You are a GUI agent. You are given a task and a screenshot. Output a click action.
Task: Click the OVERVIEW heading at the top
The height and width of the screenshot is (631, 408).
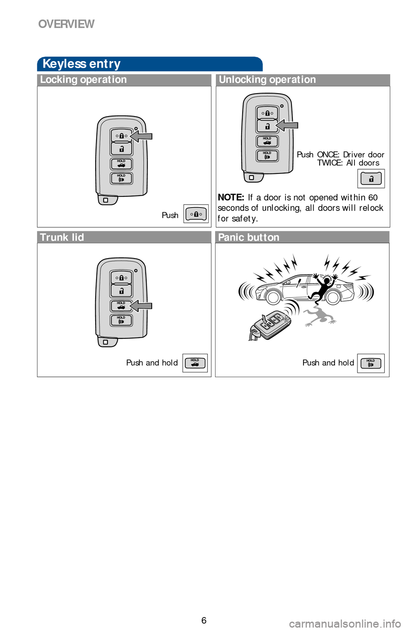(66, 24)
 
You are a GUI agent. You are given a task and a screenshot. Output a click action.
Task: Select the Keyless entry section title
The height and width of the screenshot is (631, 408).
(81, 64)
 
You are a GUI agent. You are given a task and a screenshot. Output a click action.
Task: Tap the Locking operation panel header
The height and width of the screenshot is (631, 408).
(83, 80)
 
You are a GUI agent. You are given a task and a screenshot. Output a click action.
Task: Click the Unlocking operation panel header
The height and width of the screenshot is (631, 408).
(267, 80)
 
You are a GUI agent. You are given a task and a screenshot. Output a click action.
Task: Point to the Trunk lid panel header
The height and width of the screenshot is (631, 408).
(62, 237)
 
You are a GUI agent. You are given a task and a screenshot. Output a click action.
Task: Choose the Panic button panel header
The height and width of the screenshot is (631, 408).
(249, 237)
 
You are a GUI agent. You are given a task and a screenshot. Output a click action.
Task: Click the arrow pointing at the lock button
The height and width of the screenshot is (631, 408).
(141, 136)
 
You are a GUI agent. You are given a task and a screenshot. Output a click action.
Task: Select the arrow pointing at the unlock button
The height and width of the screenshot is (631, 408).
(286, 125)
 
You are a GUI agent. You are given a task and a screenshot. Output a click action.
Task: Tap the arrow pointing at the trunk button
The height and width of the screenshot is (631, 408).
(141, 306)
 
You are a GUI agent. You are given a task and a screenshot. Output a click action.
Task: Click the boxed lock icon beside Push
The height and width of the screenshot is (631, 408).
(196, 214)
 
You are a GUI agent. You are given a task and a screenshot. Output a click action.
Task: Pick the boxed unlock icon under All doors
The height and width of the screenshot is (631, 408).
(371, 179)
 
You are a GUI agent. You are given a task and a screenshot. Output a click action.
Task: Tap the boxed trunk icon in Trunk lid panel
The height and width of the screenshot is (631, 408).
(195, 363)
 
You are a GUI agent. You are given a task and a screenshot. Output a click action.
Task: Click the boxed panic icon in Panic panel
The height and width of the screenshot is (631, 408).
(371, 364)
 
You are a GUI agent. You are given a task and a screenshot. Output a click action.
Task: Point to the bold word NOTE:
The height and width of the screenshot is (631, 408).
(231, 197)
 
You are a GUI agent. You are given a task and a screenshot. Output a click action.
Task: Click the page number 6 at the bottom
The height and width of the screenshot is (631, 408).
(204, 620)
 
